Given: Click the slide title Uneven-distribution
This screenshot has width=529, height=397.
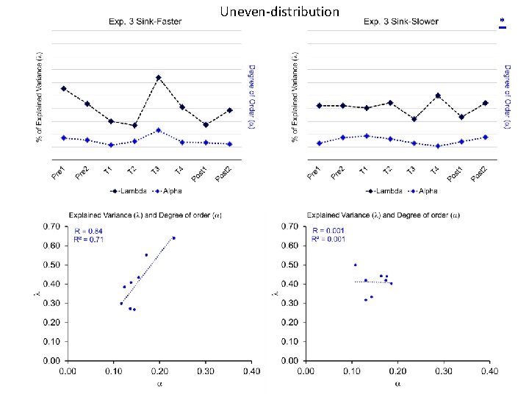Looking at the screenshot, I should pos(279,12).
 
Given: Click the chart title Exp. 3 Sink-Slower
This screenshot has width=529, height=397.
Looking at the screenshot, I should pos(401,21).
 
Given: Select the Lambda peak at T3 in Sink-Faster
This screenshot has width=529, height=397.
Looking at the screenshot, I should pos(158,77).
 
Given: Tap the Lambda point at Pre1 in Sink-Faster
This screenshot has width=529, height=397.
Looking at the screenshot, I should pos(63,88).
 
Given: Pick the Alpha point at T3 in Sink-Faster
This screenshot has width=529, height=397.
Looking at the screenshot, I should pos(158,130).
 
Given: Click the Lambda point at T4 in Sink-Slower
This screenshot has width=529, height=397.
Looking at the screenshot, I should pos(437,96).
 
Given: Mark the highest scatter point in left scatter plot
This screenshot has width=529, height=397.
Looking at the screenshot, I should pos(173,238).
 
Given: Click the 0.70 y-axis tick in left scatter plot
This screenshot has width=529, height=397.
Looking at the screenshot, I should pos(51,226).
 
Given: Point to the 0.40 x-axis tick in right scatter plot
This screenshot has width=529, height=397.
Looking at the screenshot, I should pos(490,372).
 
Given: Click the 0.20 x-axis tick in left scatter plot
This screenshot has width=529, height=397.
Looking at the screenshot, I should pos(159,372).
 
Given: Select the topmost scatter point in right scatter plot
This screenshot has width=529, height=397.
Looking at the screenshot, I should pos(355,265).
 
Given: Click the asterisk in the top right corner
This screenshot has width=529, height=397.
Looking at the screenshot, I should pos(503,20).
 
